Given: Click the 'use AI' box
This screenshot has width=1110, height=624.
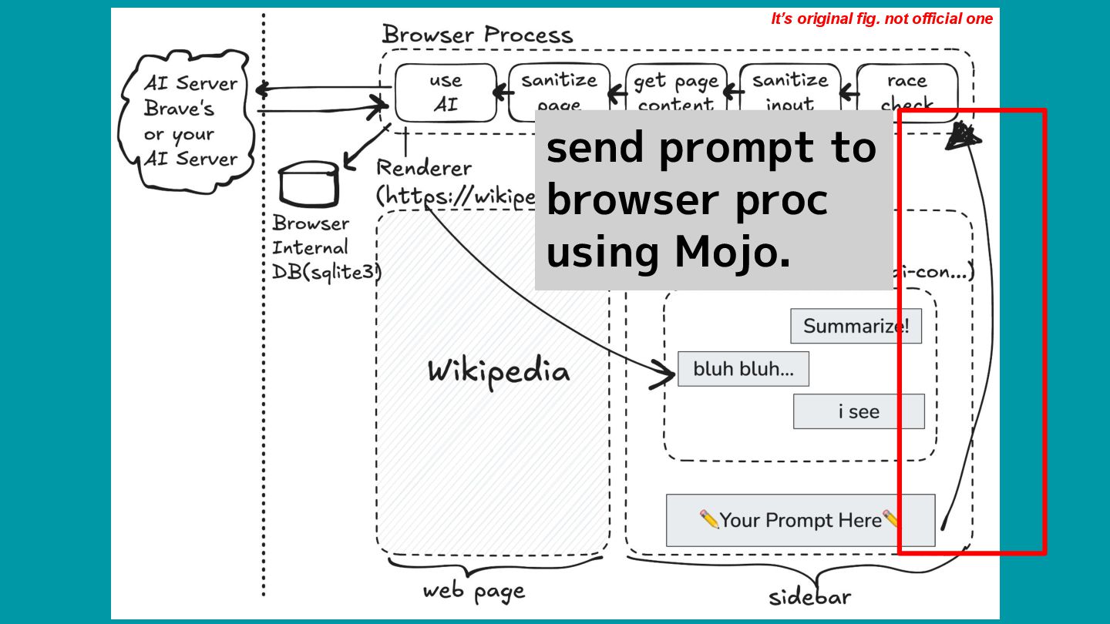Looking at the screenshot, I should [446, 92].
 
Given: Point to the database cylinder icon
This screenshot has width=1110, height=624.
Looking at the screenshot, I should [308, 183].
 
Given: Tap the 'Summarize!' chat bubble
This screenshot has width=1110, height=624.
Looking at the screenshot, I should [856, 326].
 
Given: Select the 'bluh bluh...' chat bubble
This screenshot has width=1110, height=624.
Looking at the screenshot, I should [743, 369].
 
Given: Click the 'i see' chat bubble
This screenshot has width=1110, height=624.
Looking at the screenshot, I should [859, 411].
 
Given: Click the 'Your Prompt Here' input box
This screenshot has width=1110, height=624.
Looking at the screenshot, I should [800, 520].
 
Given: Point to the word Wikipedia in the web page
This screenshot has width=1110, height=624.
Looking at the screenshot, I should [499, 371].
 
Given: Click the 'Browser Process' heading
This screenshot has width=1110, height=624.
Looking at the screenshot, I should [477, 35].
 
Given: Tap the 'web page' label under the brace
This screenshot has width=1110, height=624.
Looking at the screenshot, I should [473, 591].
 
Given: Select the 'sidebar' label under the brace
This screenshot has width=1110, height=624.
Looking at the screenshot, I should [809, 597].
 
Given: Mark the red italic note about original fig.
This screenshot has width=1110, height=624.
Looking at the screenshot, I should [882, 18].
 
